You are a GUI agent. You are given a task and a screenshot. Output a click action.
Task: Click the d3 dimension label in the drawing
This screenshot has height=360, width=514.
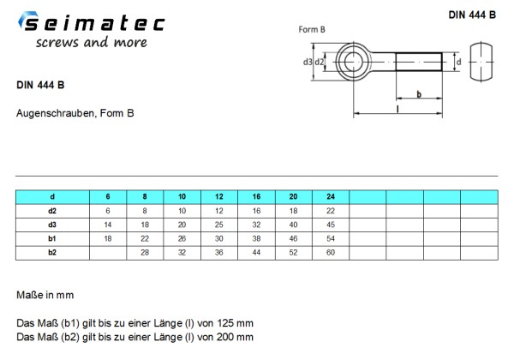tap(308, 62)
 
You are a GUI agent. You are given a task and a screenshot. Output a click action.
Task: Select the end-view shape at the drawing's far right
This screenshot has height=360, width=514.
tap(488, 62)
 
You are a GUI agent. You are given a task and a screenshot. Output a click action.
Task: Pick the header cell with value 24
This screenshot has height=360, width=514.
tap(332, 196)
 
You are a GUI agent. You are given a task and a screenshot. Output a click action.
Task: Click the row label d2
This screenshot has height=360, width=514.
tap(51, 210)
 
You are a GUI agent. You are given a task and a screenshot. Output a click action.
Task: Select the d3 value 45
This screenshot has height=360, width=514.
tap(332, 225)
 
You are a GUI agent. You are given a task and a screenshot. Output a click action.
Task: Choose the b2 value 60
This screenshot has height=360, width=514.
tap(332, 253)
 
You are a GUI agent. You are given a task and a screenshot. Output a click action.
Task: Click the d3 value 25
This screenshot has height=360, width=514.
tap(218, 225)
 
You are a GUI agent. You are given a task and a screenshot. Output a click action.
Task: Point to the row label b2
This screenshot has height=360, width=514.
tap(51, 253)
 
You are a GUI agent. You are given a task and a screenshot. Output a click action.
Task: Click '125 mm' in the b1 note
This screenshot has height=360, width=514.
tap(237, 324)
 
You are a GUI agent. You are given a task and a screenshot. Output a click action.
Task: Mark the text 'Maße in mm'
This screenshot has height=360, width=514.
tap(45, 294)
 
